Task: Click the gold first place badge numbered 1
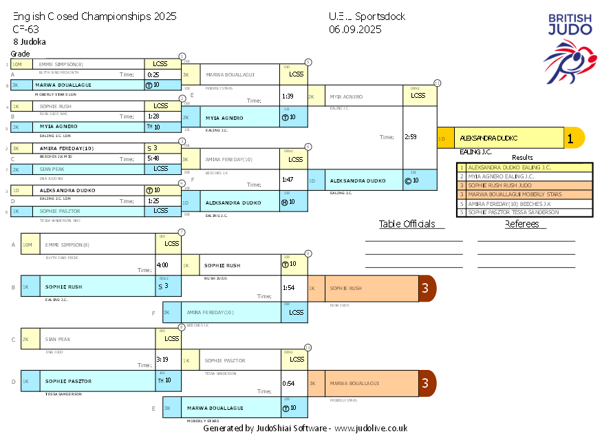pyautogui.click(x=570, y=138)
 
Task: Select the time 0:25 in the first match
pyautogui.click(x=153, y=74)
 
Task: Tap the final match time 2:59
pyautogui.click(x=411, y=137)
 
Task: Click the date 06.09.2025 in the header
pyautogui.click(x=355, y=29)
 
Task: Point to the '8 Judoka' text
pyautogui.click(x=30, y=41)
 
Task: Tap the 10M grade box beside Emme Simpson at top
pyautogui.click(x=17, y=64)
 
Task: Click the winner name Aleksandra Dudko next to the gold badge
pyautogui.click(x=490, y=138)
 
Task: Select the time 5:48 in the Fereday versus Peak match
pyautogui.click(x=153, y=158)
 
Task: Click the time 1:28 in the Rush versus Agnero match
pyautogui.click(x=153, y=116)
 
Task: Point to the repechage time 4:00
pyautogui.click(x=162, y=265)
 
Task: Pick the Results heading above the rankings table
pyautogui.click(x=522, y=158)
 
